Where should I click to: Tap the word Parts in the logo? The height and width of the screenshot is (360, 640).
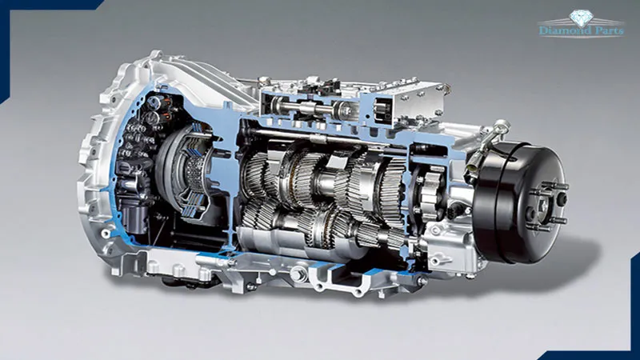tap(609, 30)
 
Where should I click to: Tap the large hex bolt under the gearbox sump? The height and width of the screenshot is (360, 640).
tap(298, 273)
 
